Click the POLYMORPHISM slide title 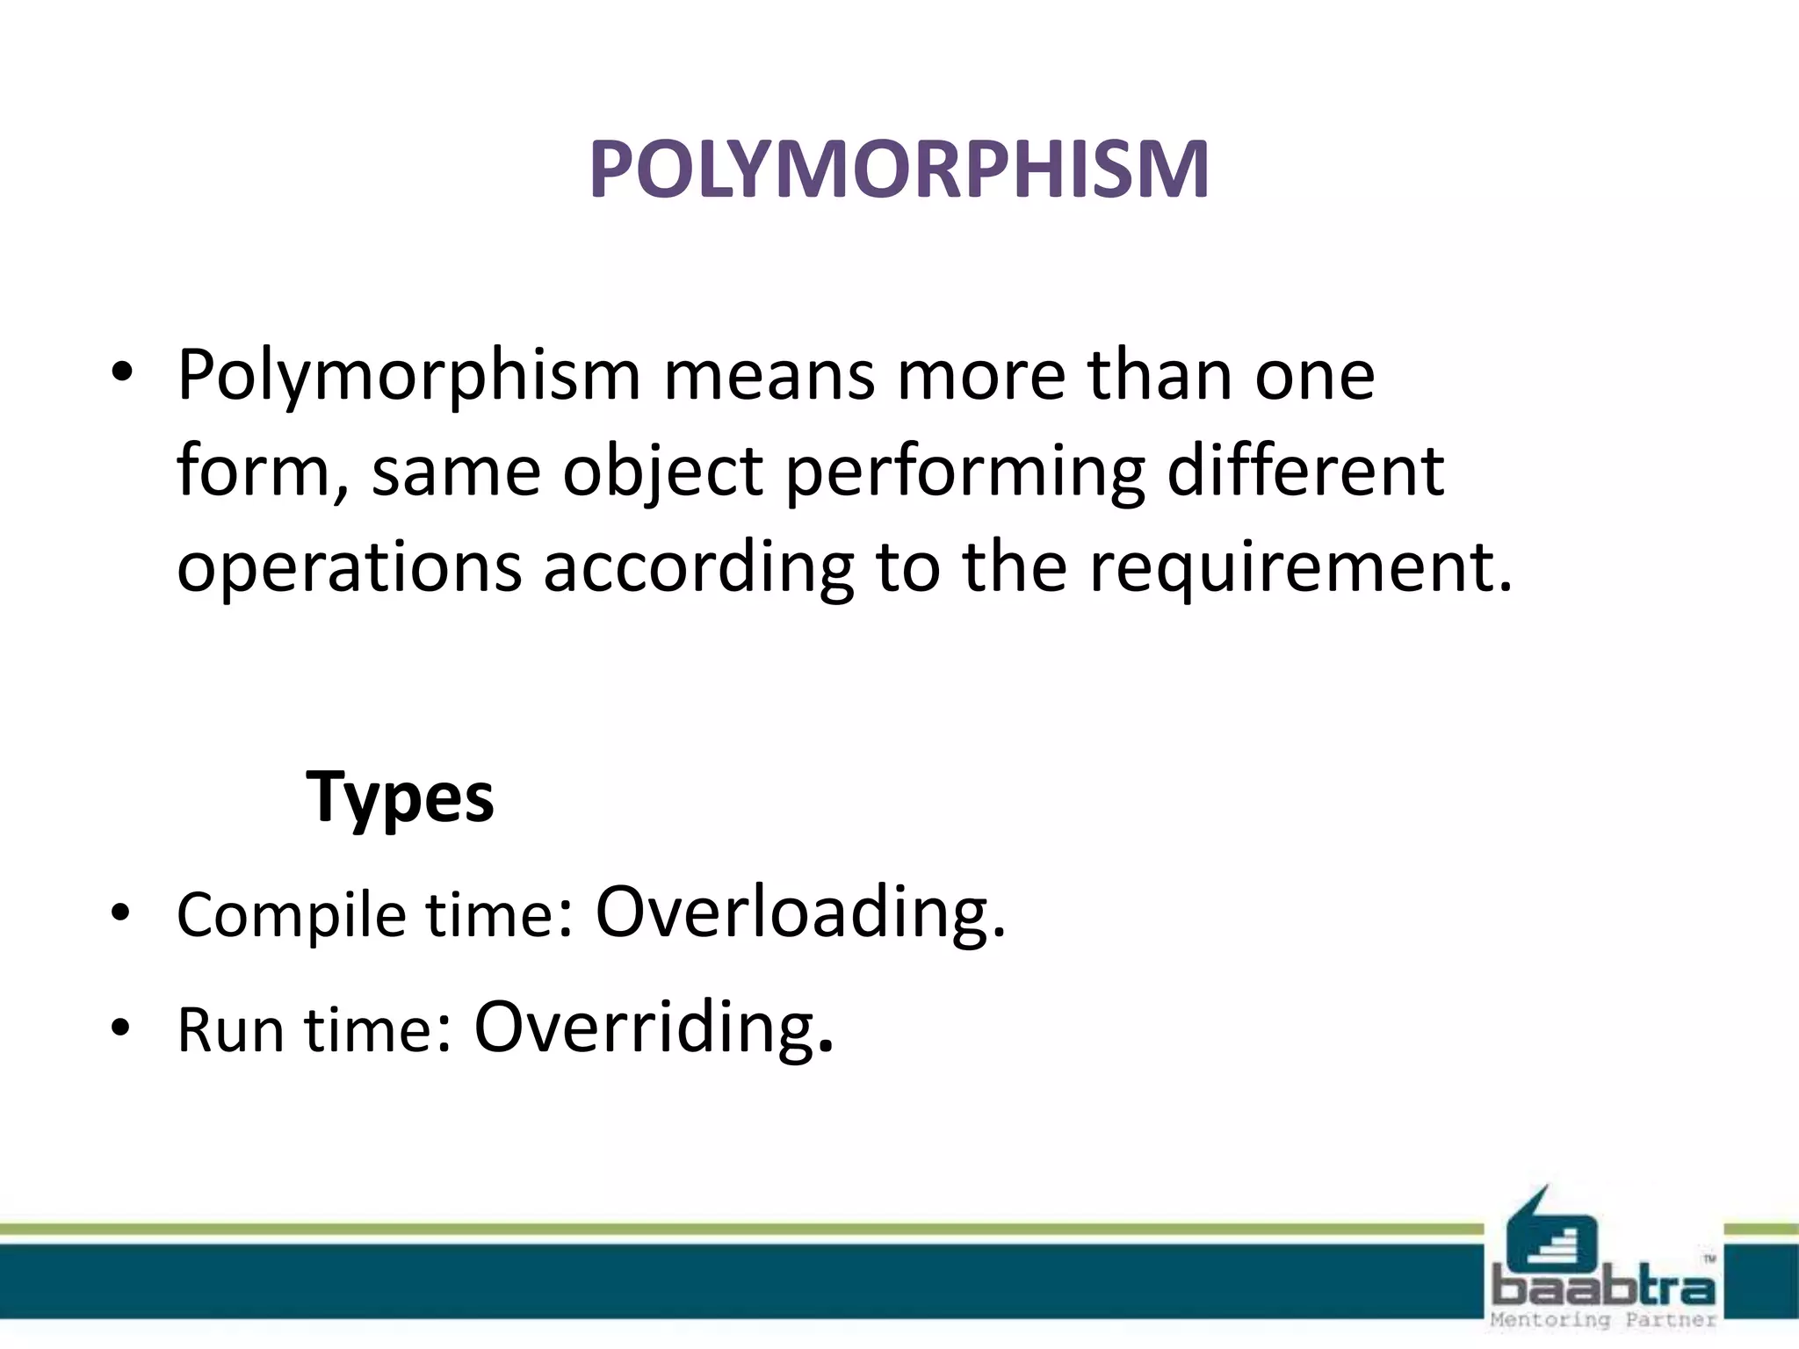[899, 169]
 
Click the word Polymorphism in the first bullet [408, 376]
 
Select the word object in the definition [663, 473]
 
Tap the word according [698, 568]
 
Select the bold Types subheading [400, 797]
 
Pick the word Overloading [799, 913]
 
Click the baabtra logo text [1603, 1288]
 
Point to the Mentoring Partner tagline [1603, 1320]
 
